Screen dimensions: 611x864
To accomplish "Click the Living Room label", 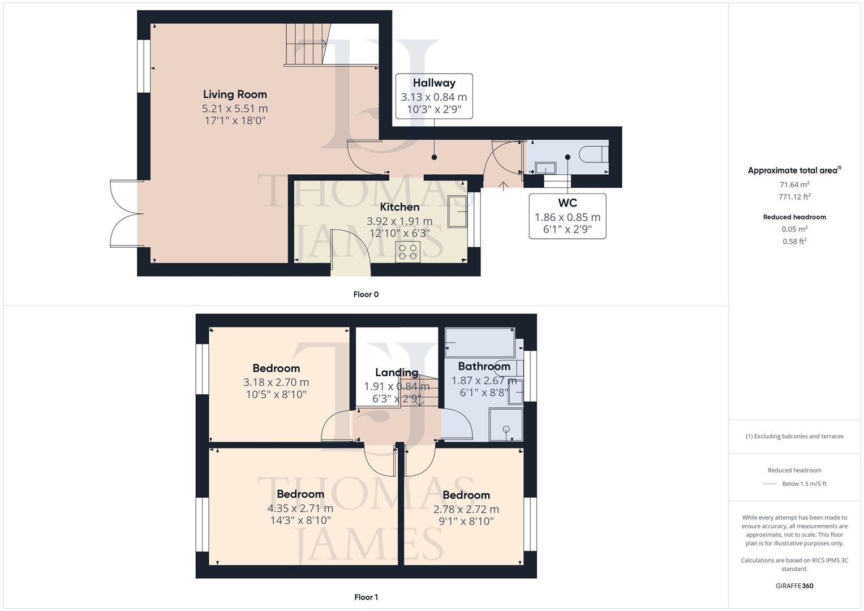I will (235, 94).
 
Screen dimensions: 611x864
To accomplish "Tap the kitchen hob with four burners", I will (407, 252).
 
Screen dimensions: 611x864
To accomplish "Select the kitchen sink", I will (457, 212).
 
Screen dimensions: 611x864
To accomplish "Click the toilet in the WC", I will (594, 154).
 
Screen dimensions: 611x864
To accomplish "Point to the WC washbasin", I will (545, 168).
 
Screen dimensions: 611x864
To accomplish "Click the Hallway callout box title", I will (434, 83).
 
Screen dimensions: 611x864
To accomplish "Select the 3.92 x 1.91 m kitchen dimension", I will (399, 221).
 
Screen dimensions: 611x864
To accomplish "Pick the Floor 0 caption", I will (366, 294).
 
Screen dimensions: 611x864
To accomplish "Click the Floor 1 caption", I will (366, 597).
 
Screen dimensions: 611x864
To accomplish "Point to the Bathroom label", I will (484, 366).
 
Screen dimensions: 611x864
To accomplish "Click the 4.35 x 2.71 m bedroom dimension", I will (300, 508).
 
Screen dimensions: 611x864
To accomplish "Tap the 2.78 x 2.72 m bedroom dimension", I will (466, 509).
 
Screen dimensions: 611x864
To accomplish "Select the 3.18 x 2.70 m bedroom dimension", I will (276, 382).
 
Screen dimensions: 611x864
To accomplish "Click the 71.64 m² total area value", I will (794, 184).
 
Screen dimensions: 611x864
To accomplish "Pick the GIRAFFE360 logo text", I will (794, 586).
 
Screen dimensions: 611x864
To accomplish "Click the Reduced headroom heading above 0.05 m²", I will (794, 217).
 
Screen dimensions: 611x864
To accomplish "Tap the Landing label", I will (397, 372).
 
